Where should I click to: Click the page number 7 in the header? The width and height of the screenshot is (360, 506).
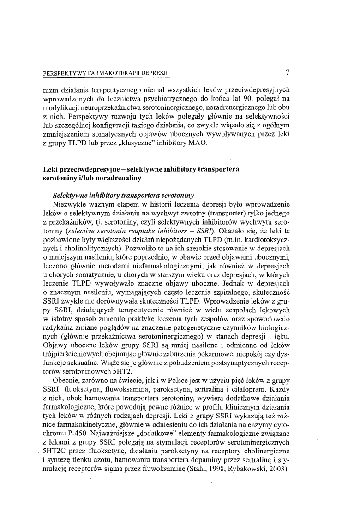288,72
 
